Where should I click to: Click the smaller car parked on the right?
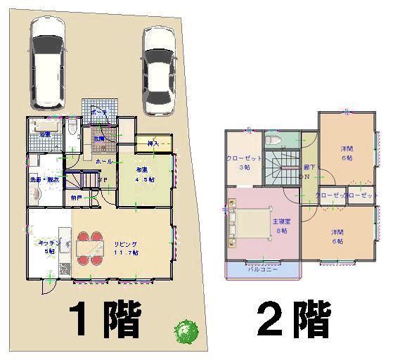pyautogui.click(x=159, y=70)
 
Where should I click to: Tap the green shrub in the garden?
pyautogui.click(x=186, y=331)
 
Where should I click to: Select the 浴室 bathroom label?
pyautogui.click(x=45, y=134)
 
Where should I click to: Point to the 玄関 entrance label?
pyautogui.click(x=101, y=139)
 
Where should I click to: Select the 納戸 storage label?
pyautogui.click(x=76, y=198)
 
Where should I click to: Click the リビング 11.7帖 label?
pyautogui.click(x=127, y=247)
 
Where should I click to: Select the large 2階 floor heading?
pyautogui.click(x=293, y=319)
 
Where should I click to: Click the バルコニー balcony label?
pyautogui.click(x=263, y=269)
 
